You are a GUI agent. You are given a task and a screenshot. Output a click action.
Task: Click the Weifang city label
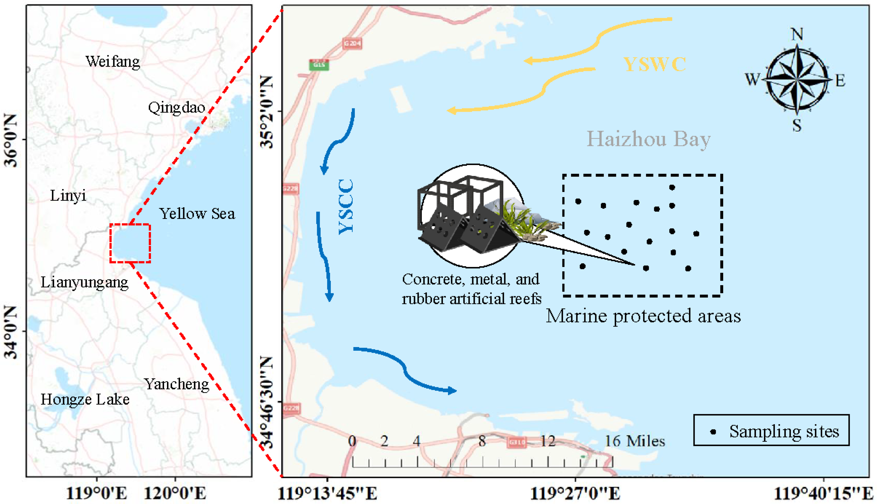(113, 62)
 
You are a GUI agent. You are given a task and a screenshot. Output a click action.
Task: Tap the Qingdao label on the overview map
(176, 108)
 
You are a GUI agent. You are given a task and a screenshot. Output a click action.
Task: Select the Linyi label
(68, 196)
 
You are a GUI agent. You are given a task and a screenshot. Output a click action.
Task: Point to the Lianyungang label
(85, 282)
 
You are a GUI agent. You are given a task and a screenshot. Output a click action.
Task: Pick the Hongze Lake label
(85, 399)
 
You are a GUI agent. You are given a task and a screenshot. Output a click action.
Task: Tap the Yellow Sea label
(197, 213)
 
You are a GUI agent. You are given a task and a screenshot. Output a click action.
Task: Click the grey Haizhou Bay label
(648, 139)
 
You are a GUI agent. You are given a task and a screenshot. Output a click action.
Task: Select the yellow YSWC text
(655, 64)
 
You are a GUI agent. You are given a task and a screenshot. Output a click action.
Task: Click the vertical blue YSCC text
(346, 207)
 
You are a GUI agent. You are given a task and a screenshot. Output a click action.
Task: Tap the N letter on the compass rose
(797, 34)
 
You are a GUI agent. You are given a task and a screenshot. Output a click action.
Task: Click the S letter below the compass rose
(797, 125)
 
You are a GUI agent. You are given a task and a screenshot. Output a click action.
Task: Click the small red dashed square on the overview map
(130, 243)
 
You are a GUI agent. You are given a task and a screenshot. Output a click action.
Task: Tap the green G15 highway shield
(319, 65)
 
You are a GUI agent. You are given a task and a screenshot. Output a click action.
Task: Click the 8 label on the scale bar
(482, 441)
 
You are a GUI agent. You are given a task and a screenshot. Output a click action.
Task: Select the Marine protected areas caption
(643, 316)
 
